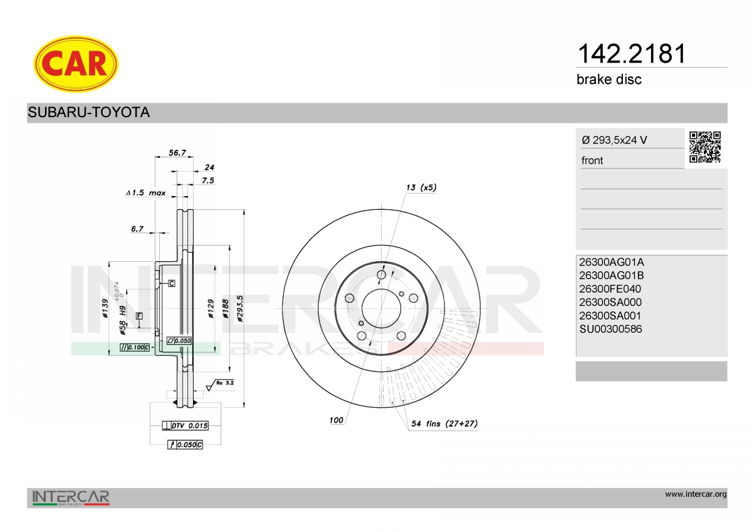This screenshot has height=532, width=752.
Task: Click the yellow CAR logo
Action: click(76, 64)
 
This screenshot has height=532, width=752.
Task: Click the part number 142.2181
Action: click(632, 54)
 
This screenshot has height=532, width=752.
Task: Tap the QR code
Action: click(705, 147)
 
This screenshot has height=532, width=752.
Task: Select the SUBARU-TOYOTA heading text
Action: click(88, 112)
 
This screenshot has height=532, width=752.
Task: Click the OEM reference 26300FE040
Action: click(610, 289)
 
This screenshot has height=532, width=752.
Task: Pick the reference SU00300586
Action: click(610, 329)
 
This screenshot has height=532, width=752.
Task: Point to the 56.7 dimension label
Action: click(177, 153)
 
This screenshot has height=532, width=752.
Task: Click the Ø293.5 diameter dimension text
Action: click(239, 309)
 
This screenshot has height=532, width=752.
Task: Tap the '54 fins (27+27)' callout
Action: click(444, 424)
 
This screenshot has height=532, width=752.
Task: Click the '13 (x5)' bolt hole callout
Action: click(421, 187)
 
